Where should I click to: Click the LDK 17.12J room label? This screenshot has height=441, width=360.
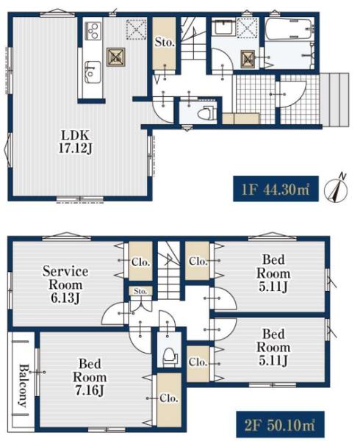[x=76, y=142]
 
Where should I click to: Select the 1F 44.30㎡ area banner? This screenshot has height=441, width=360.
[x=276, y=189]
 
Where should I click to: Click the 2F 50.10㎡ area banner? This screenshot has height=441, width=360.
[x=280, y=425]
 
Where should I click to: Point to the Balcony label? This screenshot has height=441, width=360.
[x=23, y=386]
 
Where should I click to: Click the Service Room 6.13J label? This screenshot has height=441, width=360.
[x=65, y=284]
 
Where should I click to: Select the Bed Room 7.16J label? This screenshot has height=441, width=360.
[x=90, y=377]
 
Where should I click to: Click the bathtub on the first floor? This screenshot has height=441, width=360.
[x=289, y=29]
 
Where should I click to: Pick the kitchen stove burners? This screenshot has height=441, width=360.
[x=93, y=31]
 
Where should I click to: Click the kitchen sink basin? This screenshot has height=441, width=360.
[x=93, y=72]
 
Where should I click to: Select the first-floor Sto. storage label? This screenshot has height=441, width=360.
[x=165, y=43]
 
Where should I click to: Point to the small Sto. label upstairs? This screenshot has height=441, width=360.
[x=140, y=291]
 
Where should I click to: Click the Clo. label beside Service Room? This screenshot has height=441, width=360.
[x=140, y=262]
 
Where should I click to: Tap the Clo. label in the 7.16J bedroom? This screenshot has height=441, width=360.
[x=169, y=398]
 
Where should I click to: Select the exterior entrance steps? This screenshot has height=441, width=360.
[x=335, y=99]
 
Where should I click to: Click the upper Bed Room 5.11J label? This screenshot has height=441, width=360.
[x=273, y=273]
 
